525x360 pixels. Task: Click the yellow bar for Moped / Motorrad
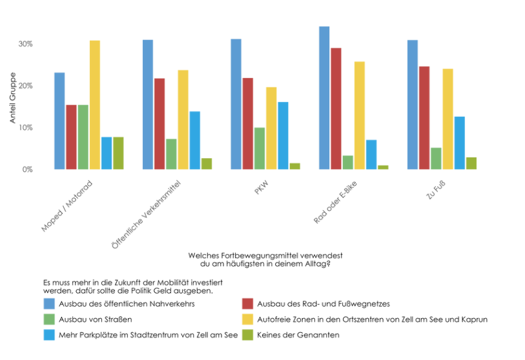point(95,105)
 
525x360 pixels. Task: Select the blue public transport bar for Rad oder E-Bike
point(324,98)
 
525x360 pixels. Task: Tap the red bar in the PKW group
point(248,124)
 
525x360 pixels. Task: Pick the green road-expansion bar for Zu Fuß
point(436,159)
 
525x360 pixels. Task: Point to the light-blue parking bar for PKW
point(283,135)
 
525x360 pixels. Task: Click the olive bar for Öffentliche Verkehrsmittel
point(207,164)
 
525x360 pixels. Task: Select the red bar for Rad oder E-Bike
point(336,108)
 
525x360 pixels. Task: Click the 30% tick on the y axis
point(26,44)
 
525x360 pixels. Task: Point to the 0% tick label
point(28,170)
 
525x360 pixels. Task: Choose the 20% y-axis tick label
point(26,86)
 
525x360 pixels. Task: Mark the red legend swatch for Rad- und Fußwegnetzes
point(247,303)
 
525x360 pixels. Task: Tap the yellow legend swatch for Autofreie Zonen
point(247,319)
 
